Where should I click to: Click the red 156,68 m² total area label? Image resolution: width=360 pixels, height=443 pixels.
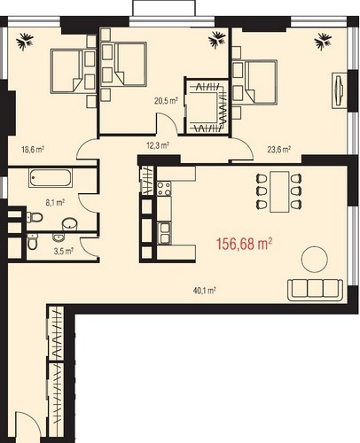244,245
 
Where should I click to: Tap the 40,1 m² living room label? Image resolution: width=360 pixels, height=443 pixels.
204,291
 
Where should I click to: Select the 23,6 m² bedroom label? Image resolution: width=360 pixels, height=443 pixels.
279,150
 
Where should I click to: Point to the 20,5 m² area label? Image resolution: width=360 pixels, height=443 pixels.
166,101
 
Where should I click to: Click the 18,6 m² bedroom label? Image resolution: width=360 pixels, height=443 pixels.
33,150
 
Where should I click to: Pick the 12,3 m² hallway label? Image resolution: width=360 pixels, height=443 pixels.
158,145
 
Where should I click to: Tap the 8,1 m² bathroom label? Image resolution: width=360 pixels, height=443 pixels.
55,203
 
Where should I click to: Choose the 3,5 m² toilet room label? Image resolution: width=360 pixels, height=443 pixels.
64,252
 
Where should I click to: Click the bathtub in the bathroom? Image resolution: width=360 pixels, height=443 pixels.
51,178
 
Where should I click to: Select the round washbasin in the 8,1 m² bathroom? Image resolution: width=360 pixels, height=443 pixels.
69,224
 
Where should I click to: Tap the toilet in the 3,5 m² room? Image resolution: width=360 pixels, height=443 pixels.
32,241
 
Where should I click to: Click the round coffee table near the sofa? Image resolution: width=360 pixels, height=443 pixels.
314,260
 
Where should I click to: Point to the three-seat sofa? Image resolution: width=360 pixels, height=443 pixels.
315,290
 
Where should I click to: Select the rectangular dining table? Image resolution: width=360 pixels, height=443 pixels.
279,191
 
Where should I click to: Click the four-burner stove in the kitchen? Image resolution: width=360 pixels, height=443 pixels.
164,189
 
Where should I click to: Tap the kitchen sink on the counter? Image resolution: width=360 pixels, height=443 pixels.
164,233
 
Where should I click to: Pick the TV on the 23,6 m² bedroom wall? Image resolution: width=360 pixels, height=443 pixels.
340,90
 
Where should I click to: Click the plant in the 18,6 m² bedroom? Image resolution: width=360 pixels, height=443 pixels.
25,42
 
